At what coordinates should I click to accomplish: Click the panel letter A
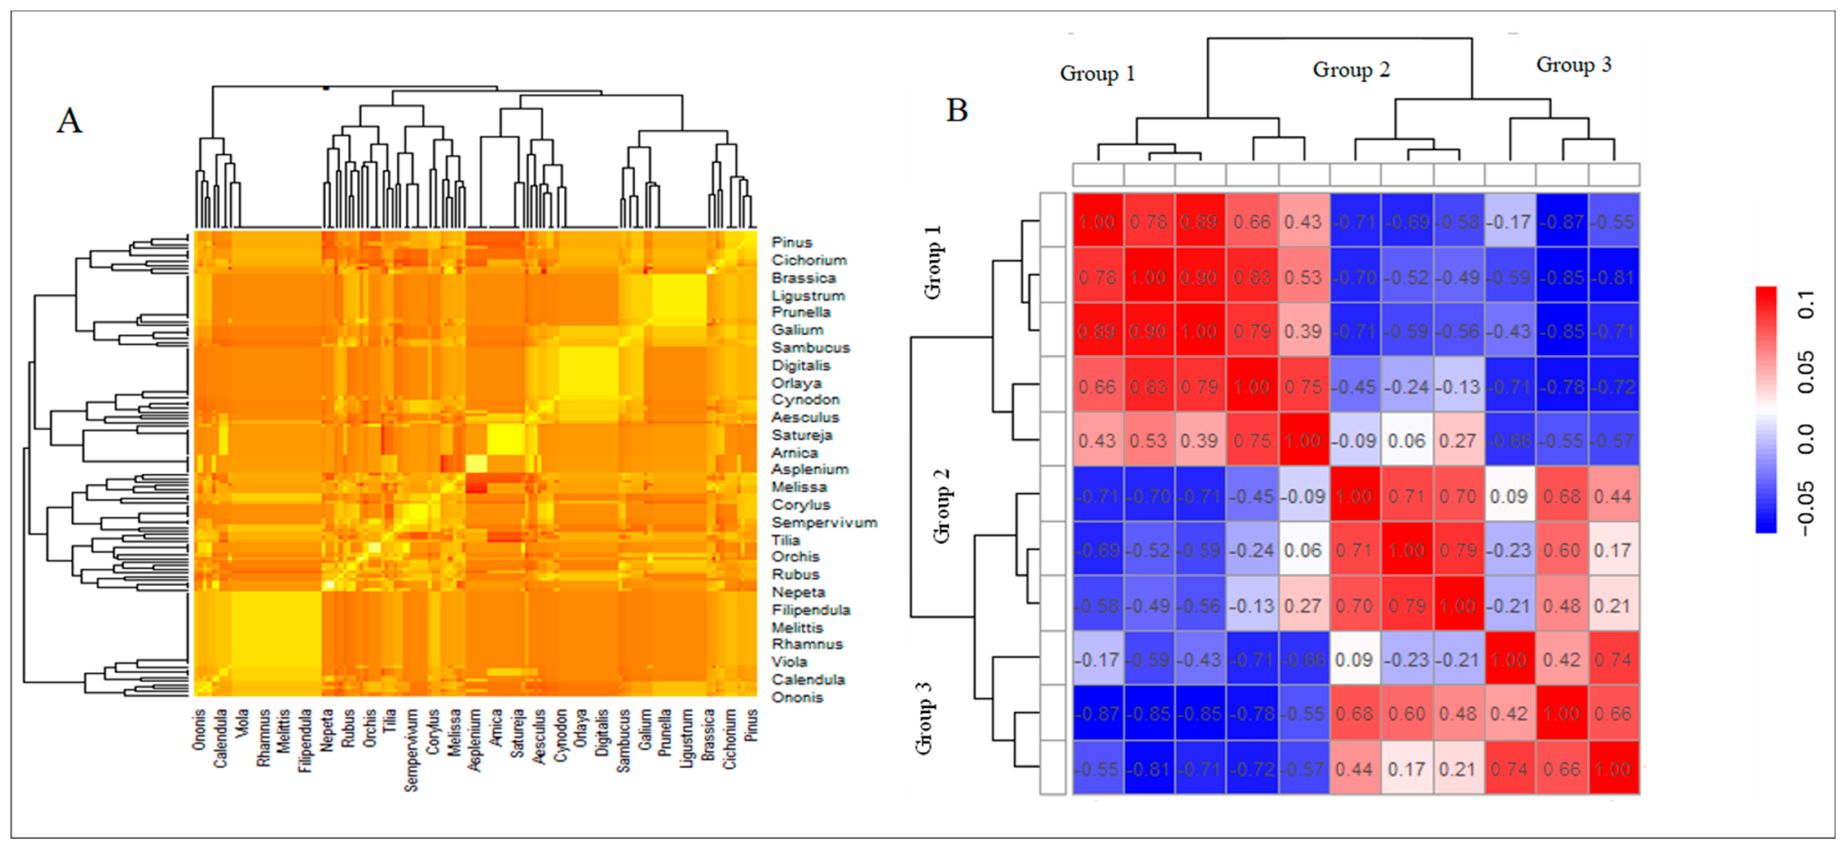pos(69,120)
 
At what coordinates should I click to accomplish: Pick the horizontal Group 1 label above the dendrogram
pos(1097,74)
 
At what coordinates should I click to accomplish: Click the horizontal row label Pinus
pos(792,242)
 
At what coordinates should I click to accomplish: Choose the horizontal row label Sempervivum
pos(824,522)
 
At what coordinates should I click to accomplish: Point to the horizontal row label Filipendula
pos(810,610)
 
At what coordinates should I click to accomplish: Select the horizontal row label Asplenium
pos(810,469)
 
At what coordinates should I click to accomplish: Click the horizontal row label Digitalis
pos(800,365)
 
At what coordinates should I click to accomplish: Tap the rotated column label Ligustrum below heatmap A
pos(687,738)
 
